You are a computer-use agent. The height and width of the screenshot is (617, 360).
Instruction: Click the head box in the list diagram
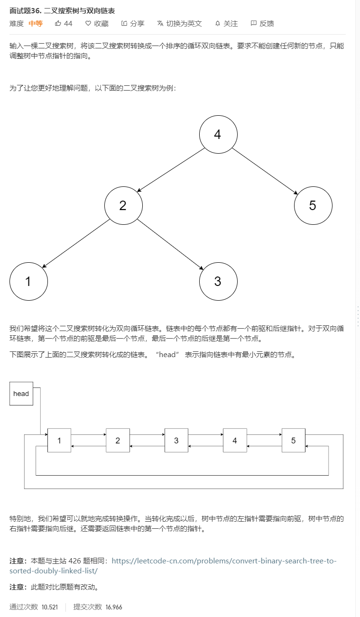coord(21,394)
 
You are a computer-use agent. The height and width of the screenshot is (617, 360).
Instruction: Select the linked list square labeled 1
coord(59,440)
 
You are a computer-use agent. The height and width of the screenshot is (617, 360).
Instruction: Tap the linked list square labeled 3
coord(176,440)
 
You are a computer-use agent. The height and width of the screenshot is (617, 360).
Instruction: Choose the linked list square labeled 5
coord(293,440)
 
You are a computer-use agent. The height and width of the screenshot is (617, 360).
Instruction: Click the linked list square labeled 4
coord(235,440)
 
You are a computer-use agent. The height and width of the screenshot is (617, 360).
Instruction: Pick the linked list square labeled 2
coord(118,440)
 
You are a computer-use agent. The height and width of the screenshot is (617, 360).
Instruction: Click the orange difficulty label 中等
coord(36,24)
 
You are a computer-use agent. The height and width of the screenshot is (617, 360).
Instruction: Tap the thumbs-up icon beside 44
coord(57,23)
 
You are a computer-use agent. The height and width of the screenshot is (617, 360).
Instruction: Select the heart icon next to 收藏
coord(88,23)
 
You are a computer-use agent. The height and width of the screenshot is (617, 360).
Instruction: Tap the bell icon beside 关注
coord(218,24)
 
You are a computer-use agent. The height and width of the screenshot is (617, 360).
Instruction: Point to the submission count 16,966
coord(114,607)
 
